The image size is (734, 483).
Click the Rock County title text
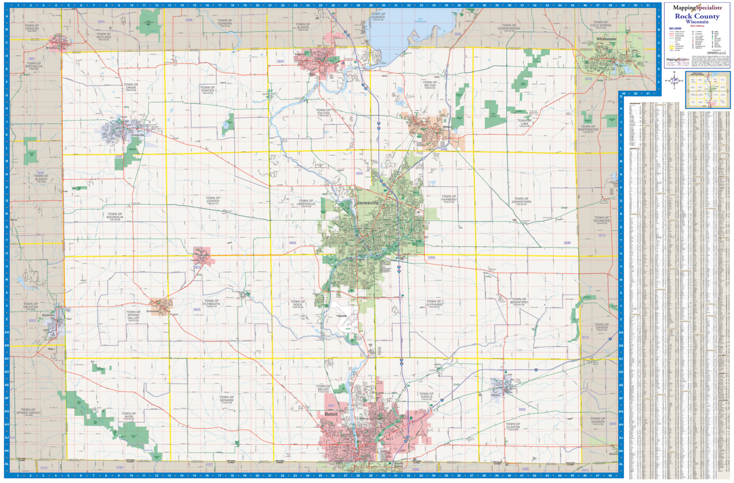697,16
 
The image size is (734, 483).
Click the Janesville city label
367,203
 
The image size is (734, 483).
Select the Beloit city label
331,414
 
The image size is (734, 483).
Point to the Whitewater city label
606,39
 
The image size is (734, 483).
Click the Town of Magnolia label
115,217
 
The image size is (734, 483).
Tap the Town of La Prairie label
434,304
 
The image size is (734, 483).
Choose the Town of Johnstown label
521,201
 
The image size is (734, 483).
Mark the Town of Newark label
227,399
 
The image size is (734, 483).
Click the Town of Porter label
207,90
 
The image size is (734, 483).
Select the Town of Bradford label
519,301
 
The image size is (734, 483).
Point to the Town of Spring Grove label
28,411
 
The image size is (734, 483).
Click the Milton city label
447,127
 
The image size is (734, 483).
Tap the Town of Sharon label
597,421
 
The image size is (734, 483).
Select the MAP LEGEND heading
675,29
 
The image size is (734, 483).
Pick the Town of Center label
213,200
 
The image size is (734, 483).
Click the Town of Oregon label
32,28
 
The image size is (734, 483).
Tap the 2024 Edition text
697,25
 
